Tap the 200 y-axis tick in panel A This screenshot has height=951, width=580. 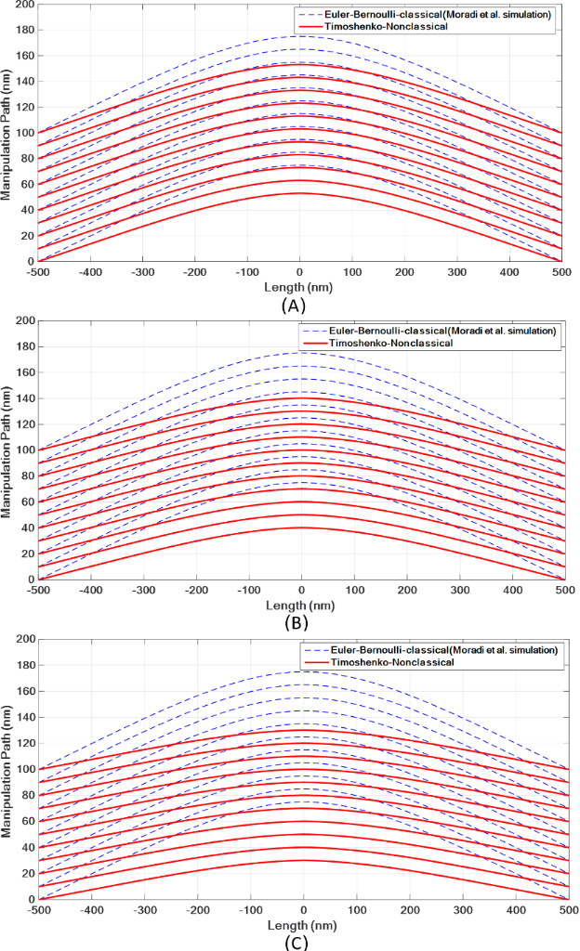point(26,6)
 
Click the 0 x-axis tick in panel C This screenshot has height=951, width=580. point(303,909)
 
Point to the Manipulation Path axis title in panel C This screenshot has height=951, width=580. point(8,769)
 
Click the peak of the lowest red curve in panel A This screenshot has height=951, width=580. point(300,193)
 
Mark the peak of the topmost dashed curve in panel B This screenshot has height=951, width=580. point(302,352)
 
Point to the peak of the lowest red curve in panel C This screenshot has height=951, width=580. point(303,860)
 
